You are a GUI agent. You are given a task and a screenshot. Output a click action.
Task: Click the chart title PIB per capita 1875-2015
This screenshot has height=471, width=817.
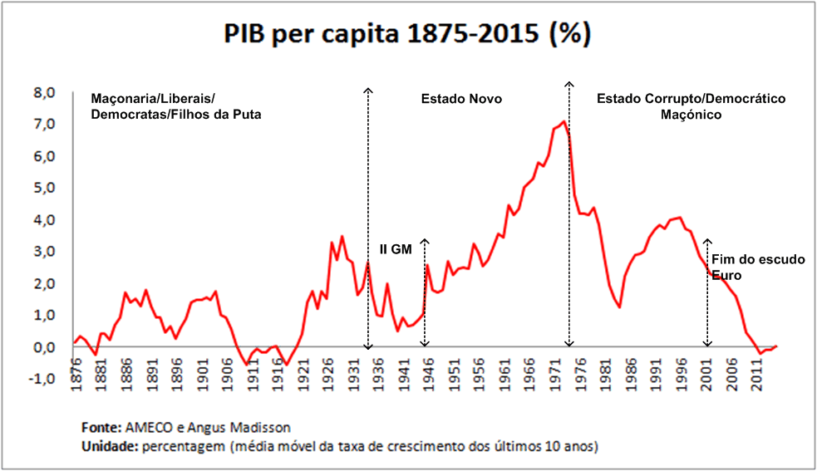[406, 36]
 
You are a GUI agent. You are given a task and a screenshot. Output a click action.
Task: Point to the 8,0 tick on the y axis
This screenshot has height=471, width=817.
[43, 92]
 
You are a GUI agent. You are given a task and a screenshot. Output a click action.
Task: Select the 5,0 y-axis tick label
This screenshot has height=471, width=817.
[43, 188]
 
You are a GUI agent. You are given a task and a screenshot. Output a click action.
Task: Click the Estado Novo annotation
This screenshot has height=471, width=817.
[461, 99]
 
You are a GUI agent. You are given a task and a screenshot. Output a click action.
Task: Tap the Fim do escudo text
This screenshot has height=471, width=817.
[758, 260]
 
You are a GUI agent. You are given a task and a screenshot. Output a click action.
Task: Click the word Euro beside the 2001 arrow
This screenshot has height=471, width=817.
[725, 274]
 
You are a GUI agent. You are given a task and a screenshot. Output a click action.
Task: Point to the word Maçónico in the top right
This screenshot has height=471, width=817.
[690, 115]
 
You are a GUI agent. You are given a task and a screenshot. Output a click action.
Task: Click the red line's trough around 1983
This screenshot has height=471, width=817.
[619, 307]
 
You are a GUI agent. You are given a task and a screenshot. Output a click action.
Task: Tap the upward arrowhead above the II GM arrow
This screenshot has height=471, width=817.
[424, 241]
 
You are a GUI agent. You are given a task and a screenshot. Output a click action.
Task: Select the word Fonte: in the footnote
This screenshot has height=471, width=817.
[101, 428]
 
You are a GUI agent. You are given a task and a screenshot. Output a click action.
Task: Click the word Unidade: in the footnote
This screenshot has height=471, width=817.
[109, 446]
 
